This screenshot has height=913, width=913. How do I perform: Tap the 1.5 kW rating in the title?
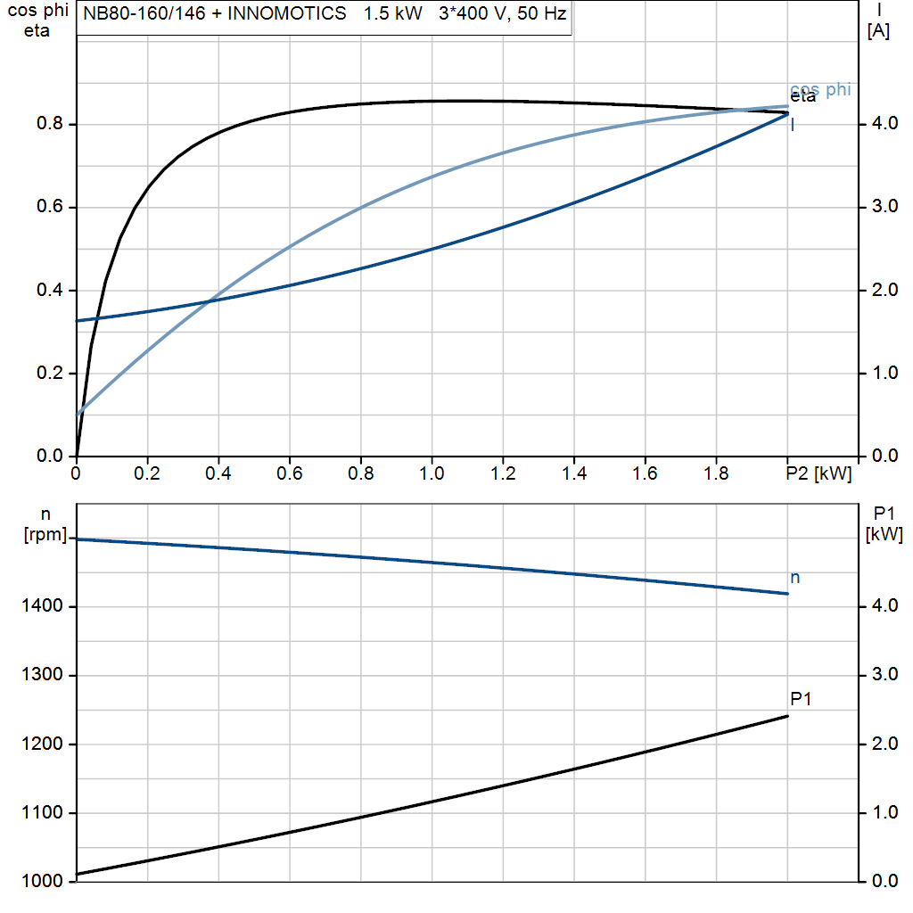pyautogui.click(x=392, y=15)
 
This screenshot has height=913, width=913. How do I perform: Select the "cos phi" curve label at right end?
pyautogui.click(x=820, y=89)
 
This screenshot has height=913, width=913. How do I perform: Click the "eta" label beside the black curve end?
pyautogui.click(x=802, y=97)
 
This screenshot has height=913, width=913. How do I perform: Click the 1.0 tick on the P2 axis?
pyautogui.click(x=432, y=473)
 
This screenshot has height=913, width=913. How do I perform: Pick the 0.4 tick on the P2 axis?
pyautogui.click(x=218, y=473)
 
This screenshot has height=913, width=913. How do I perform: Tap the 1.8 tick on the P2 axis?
pyautogui.click(x=716, y=473)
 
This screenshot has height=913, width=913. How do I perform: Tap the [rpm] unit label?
pyautogui.click(x=47, y=535)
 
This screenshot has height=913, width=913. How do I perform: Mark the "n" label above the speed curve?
pyautogui.click(x=795, y=578)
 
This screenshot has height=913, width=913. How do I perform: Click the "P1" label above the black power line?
pyautogui.click(x=801, y=699)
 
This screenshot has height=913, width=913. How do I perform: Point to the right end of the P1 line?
pyautogui.click(x=787, y=716)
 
